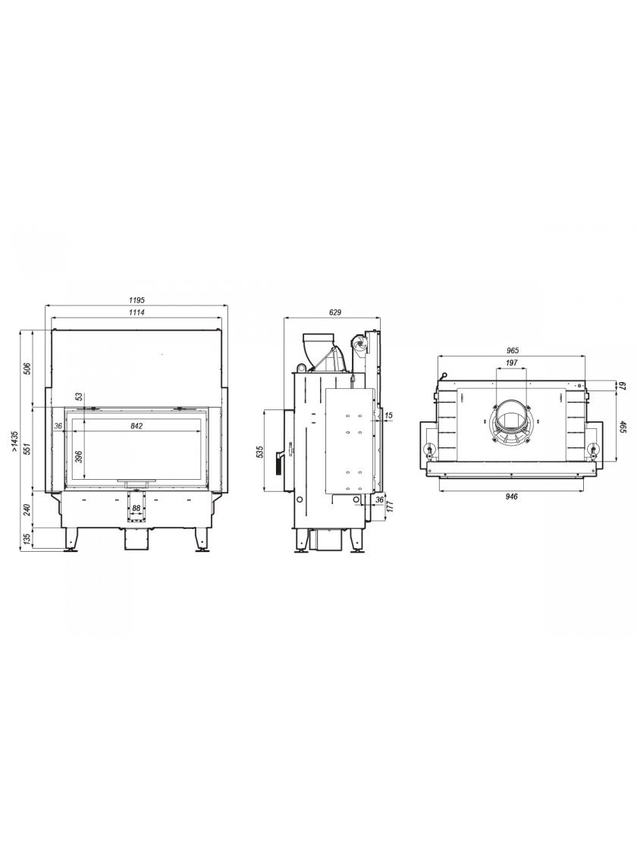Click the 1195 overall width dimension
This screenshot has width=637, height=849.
pos(137,300)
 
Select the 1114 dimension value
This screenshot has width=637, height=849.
pos(137,312)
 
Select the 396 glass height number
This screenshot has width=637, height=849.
pos(79,456)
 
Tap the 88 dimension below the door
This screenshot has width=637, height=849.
pos(136,508)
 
